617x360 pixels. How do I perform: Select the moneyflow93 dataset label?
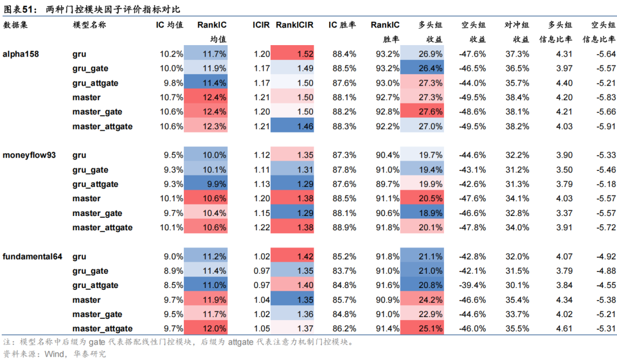pos(29,155)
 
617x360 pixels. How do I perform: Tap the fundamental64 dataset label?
pos(33,257)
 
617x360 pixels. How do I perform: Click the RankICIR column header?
pos(295,25)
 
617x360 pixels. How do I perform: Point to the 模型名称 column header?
pos(89,25)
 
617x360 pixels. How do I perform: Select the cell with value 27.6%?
pos(422,112)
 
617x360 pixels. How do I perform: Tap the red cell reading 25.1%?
pos(422,329)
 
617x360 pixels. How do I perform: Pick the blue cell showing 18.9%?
pos(422,213)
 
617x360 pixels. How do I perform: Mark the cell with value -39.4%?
pos(472,285)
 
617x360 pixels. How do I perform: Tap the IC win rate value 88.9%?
pos(344,227)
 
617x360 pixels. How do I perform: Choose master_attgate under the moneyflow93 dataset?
pos(102,227)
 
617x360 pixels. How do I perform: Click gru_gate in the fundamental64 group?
pos(90,271)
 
